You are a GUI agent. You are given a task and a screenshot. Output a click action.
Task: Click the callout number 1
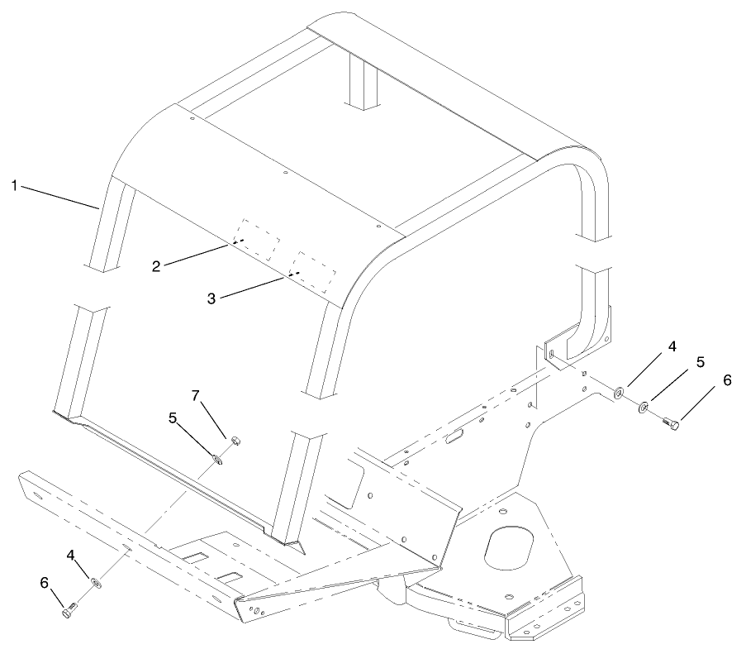(14, 185)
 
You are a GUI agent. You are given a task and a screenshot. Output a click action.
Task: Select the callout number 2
(156, 265)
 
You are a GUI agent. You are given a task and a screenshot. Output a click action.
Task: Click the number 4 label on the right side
(672, 346)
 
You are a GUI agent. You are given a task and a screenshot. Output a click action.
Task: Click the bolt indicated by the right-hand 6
(669, 424)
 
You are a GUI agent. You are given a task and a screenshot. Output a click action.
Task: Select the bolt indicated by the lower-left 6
(69, 613)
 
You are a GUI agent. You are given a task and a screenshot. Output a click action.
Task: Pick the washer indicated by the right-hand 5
(643, 406)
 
